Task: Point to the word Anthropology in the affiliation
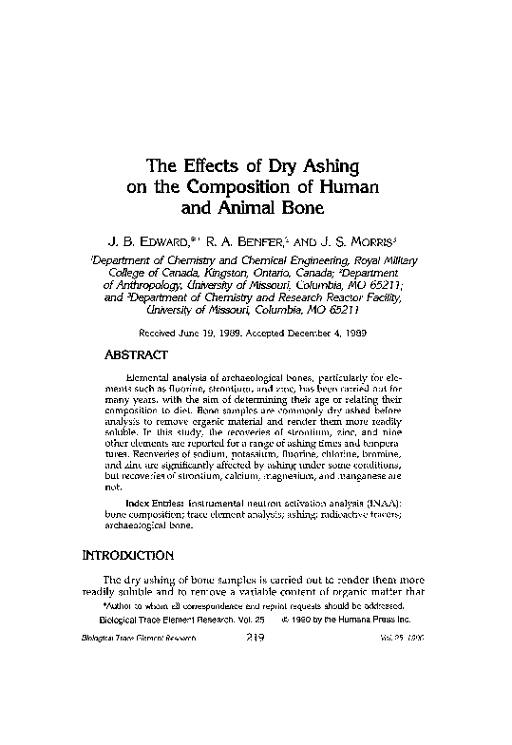tap(142, 283)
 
